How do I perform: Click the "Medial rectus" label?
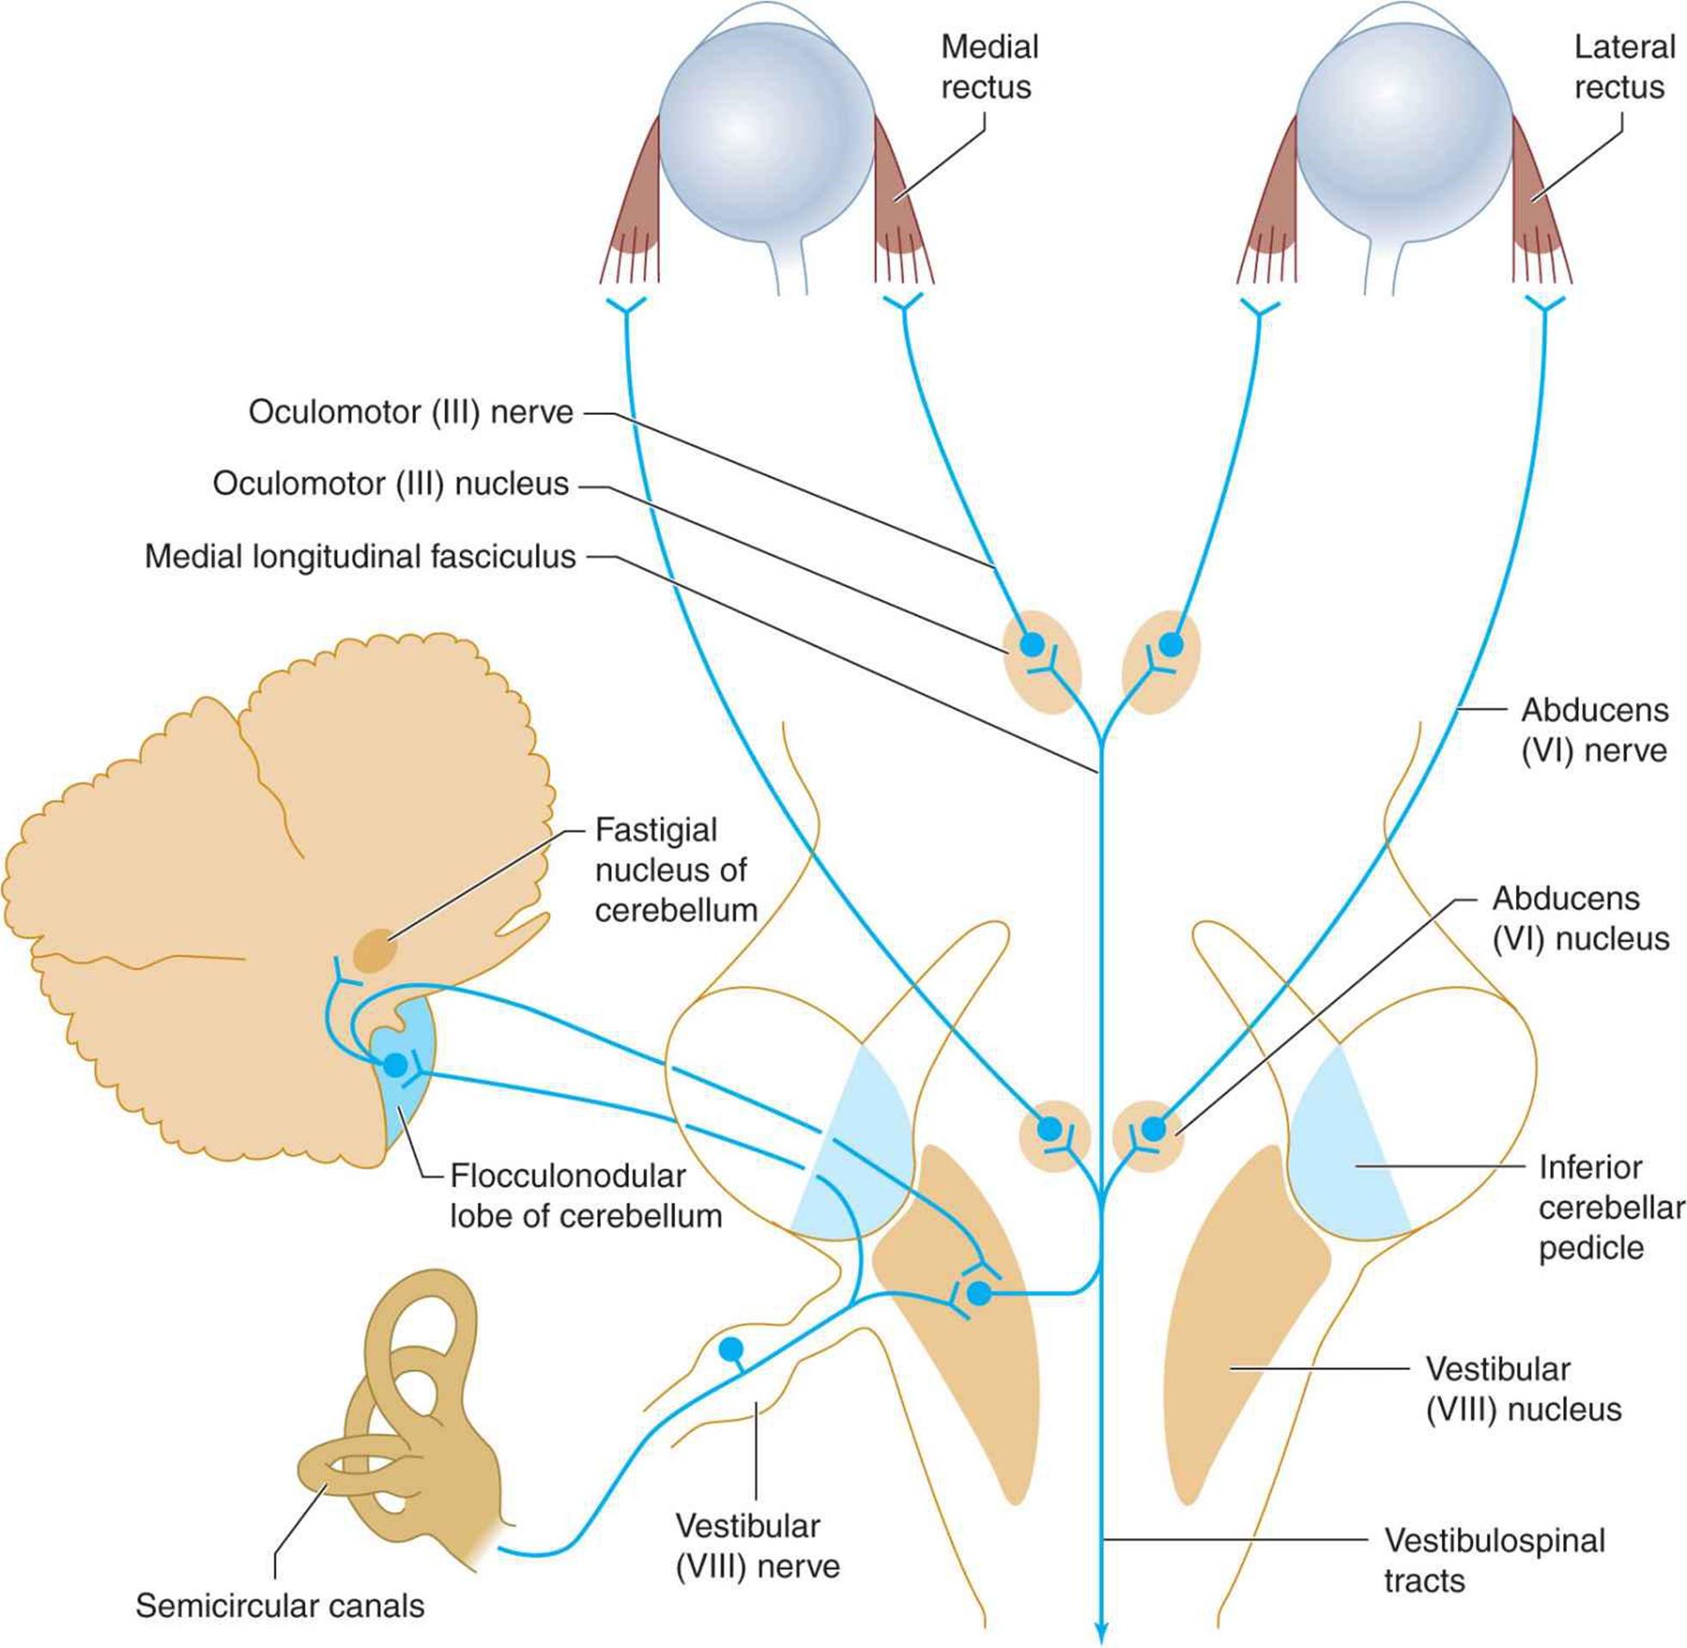click(989, 67)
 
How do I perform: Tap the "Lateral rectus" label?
click(1624, 67)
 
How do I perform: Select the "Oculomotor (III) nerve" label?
click(411, 412)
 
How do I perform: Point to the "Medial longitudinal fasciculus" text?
click(360, 557)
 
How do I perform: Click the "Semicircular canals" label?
click(279, 1607)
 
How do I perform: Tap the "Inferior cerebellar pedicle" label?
click(1611, 1207)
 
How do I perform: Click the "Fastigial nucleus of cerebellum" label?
click(676, 870)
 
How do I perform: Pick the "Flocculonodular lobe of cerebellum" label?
click(586, 1196)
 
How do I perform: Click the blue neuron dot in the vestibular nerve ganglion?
click(731, 1348)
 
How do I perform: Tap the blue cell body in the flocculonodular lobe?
click(394, 1065)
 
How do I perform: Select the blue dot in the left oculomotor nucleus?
click(1032, 644)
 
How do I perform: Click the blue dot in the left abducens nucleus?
click(1049, 1129)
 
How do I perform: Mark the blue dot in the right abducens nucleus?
click(1153, 1129)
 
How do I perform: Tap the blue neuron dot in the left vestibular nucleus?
click(977, 1294)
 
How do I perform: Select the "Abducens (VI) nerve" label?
click(1594, 729)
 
